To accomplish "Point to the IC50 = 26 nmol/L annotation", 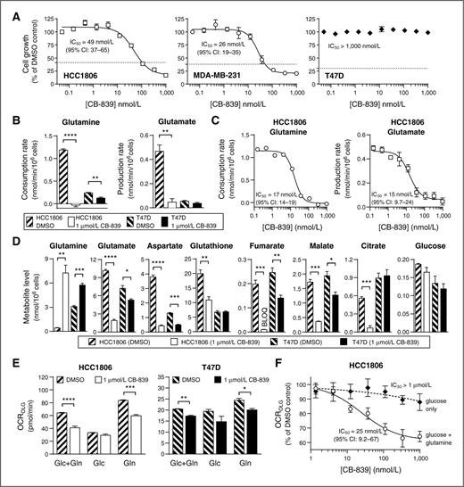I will tap(211, 41).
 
